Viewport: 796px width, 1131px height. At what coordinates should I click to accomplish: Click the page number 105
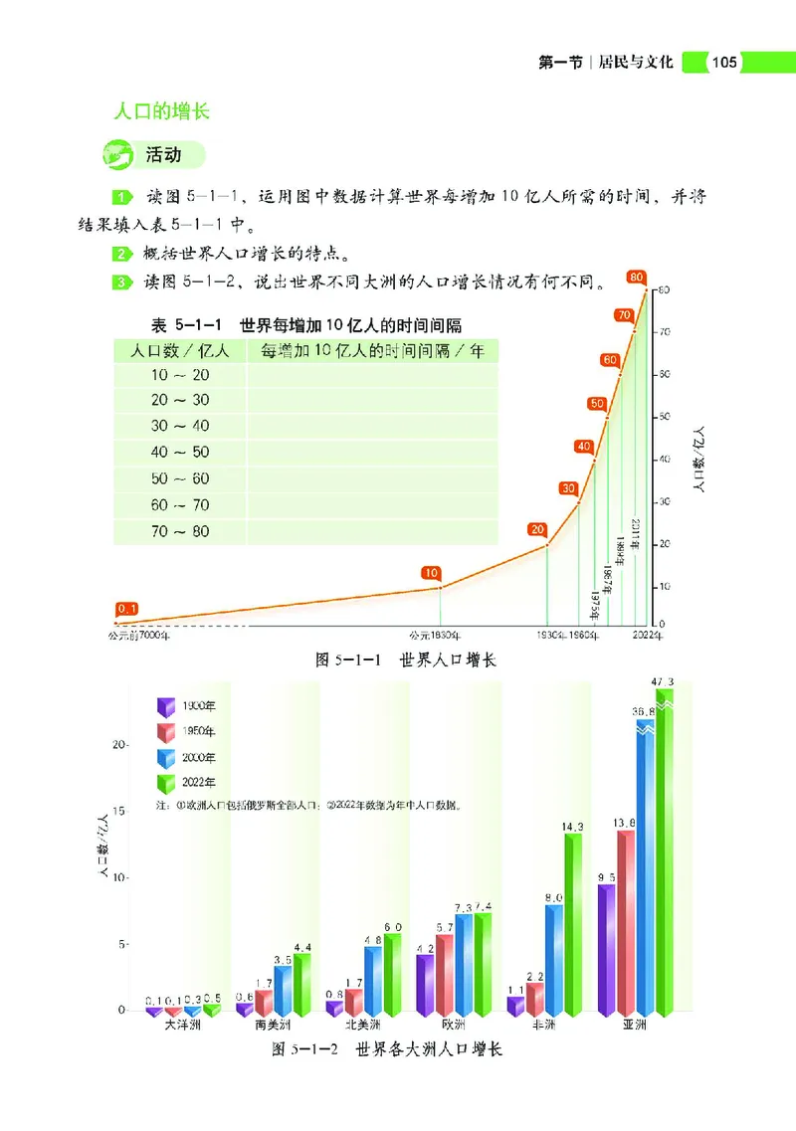723,63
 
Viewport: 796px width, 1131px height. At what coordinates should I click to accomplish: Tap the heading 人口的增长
162,111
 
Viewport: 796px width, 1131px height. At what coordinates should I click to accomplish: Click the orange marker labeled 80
637,276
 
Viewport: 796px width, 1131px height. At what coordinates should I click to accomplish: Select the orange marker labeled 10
431,573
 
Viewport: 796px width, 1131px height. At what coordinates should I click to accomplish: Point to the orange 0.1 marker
126,608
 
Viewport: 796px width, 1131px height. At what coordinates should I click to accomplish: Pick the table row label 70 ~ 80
180,531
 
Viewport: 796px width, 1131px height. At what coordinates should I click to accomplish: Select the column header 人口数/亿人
180,350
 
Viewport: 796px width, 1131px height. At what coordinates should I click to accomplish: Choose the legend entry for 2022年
194,783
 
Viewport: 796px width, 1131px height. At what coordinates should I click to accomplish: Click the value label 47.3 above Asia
661,681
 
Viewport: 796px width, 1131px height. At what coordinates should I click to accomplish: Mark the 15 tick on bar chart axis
119,812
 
